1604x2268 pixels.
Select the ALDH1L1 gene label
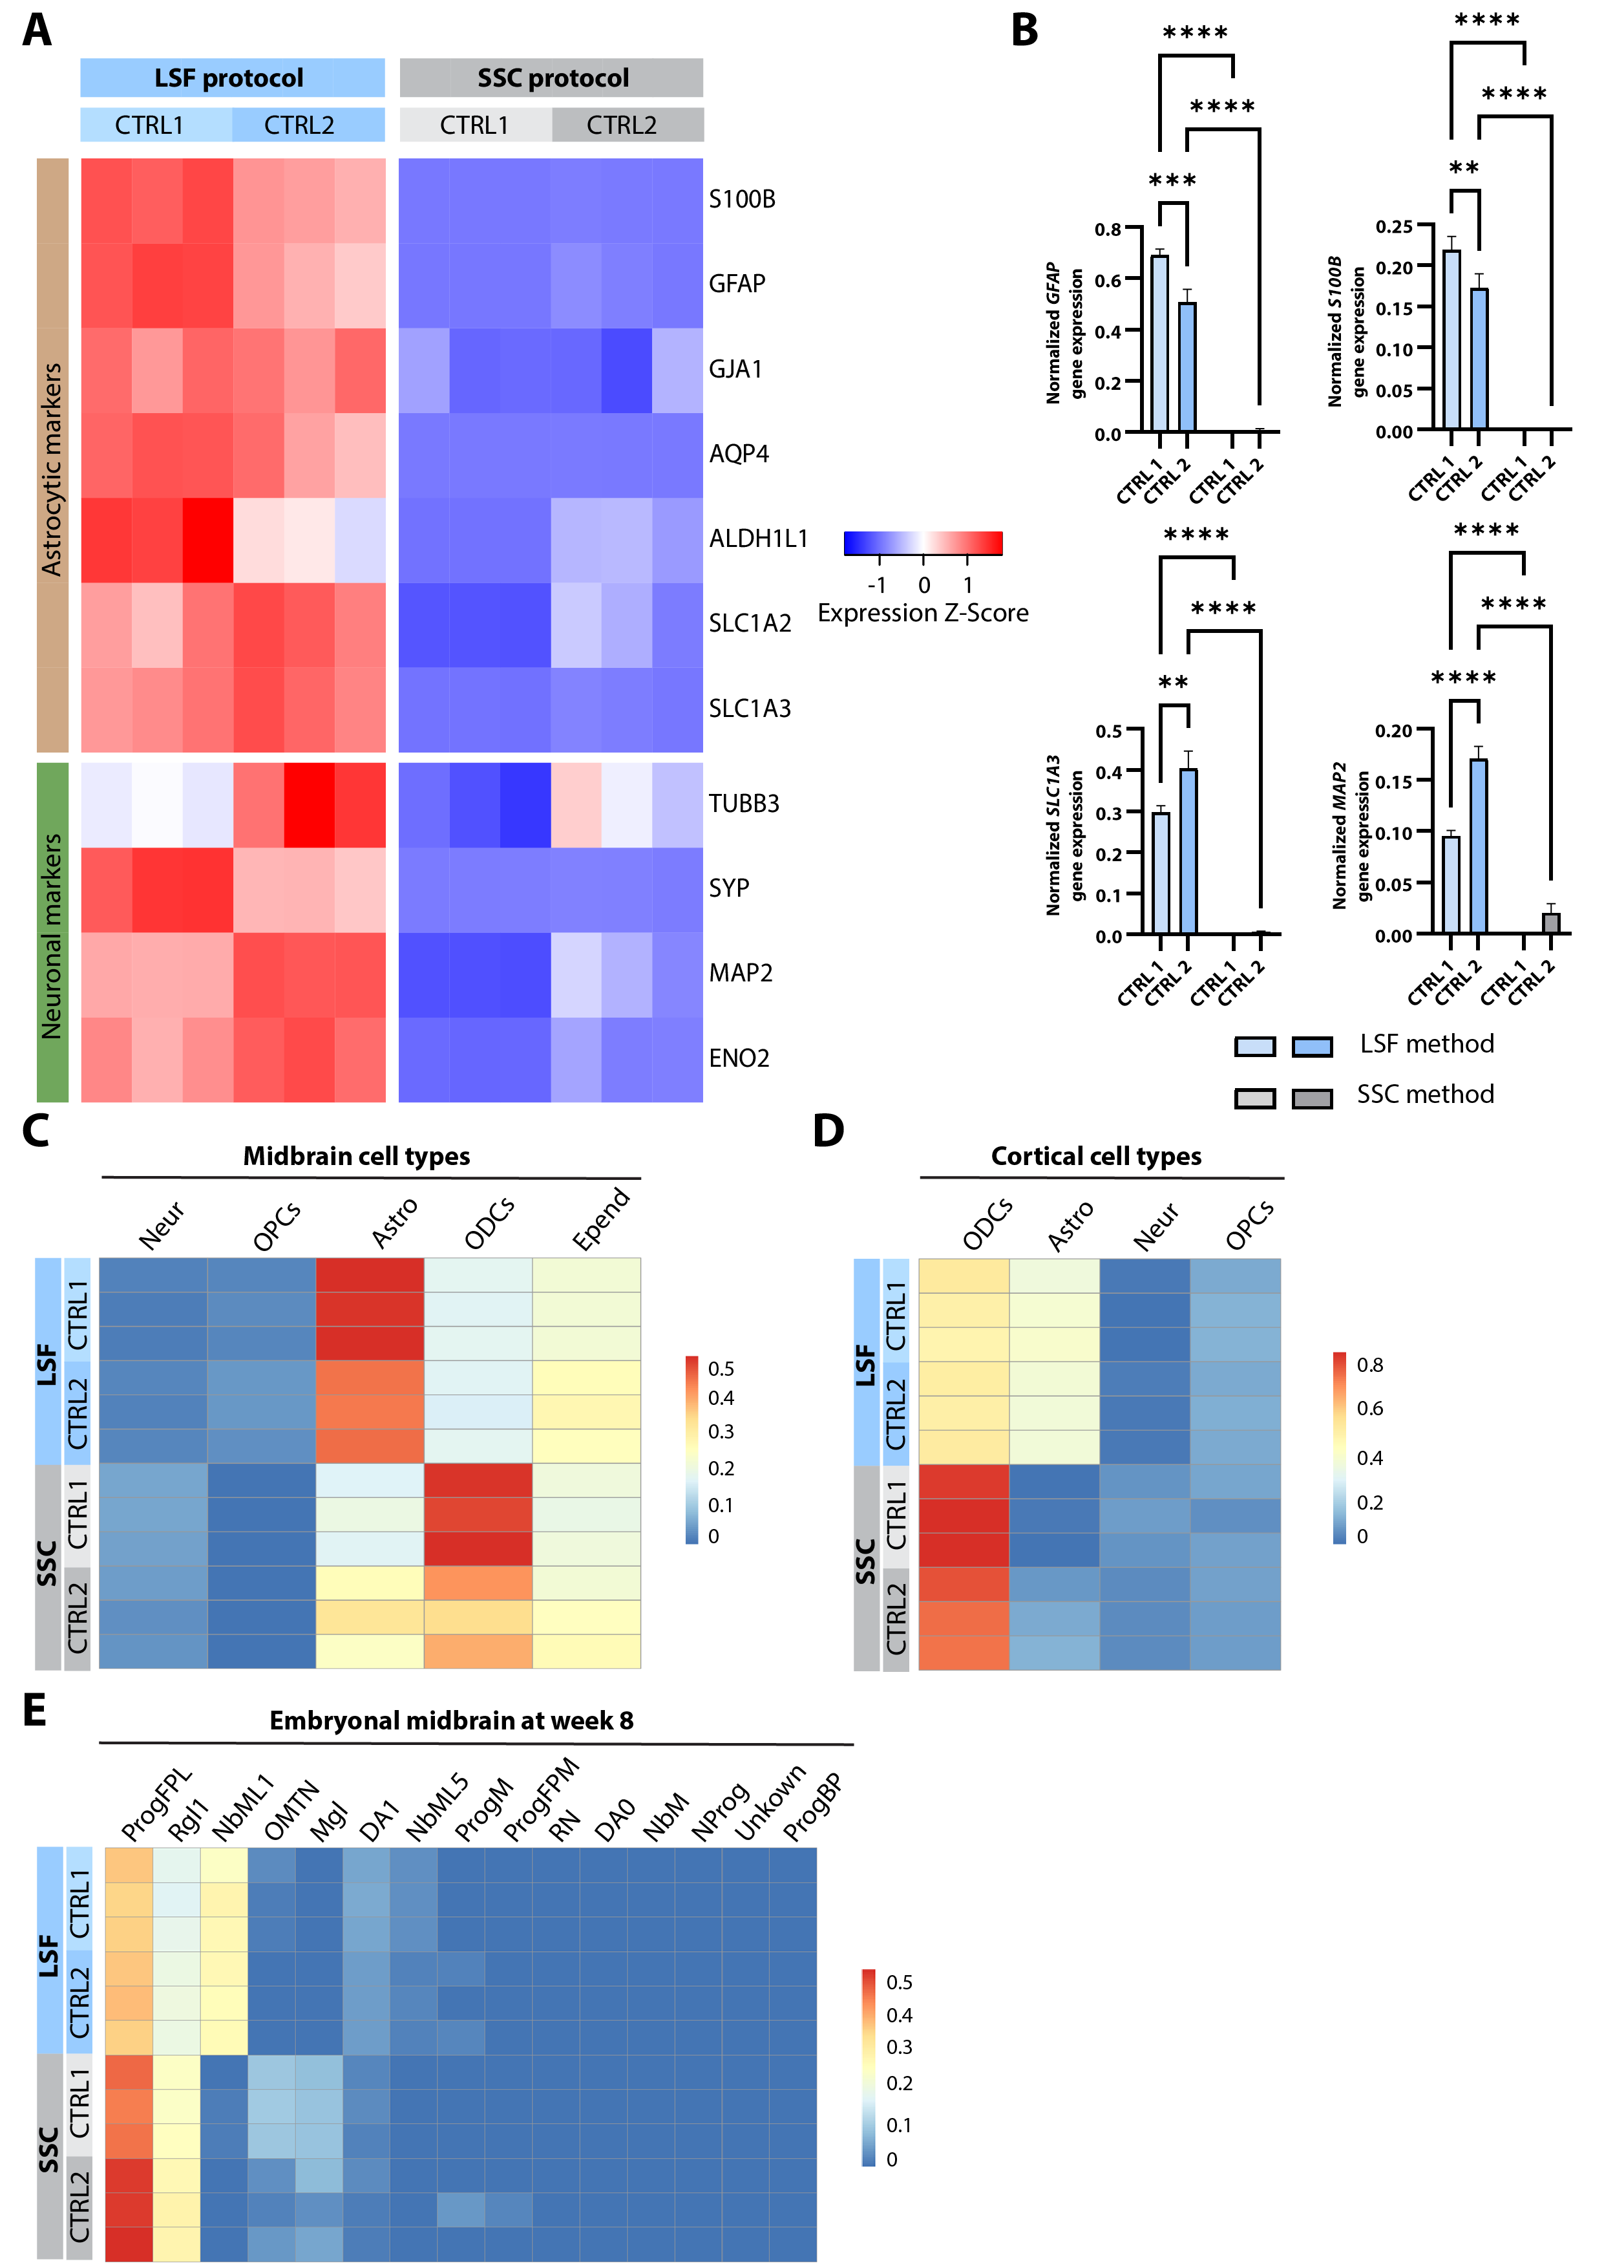757,539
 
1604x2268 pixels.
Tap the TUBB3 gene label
744,803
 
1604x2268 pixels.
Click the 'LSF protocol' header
229,78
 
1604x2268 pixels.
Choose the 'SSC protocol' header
552,78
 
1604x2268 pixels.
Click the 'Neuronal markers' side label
52,936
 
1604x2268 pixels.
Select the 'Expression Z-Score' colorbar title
922,614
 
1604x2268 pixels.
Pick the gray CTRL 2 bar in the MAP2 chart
1550,923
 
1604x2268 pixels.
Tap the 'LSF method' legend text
1426,1044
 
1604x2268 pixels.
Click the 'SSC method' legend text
1424,1095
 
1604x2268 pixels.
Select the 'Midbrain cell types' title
357,1157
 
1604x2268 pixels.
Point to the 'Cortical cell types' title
1095,1157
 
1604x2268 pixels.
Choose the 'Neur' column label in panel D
1157,1227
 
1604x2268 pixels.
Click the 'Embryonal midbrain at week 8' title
451,1721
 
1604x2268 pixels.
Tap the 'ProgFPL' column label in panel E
156,1806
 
